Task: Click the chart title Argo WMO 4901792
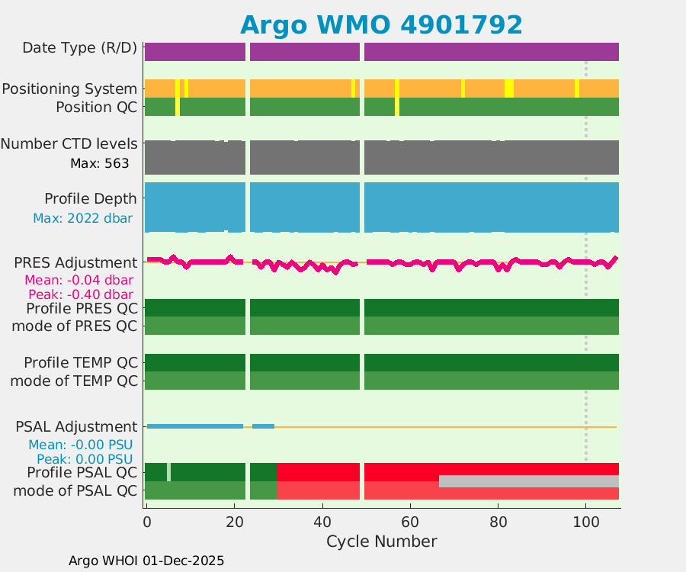click(381, 24)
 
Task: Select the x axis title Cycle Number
click(381, 541)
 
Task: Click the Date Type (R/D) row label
click(80, 48)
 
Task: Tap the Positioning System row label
click(69, 88)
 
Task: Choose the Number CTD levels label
click(69, 143)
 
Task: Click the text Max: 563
click(99, 163)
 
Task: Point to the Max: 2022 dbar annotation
click(82, 218)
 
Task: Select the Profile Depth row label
click(91, 198)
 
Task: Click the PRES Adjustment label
click(75, 262)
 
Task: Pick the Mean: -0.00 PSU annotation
click(81, 445)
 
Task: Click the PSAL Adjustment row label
click(76, 426)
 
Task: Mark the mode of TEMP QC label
click(74, 381)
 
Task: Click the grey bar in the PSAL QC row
click(528, 481)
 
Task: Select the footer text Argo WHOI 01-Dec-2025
click(146, 561)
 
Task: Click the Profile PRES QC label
click(82, 309)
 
